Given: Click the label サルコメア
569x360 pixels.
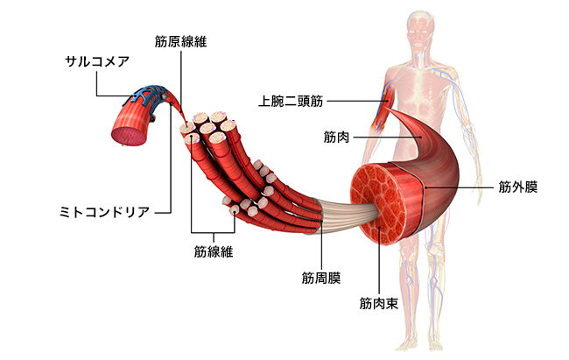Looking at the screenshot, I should (x=96, y=61).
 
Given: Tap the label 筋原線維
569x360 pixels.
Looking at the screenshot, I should (x=180, y=41).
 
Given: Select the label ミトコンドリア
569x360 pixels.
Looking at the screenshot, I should (x=103, y=211).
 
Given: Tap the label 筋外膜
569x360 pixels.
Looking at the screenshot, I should (x=517, y=187).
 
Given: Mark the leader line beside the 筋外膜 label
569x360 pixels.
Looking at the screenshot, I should (x=457, y=187).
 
